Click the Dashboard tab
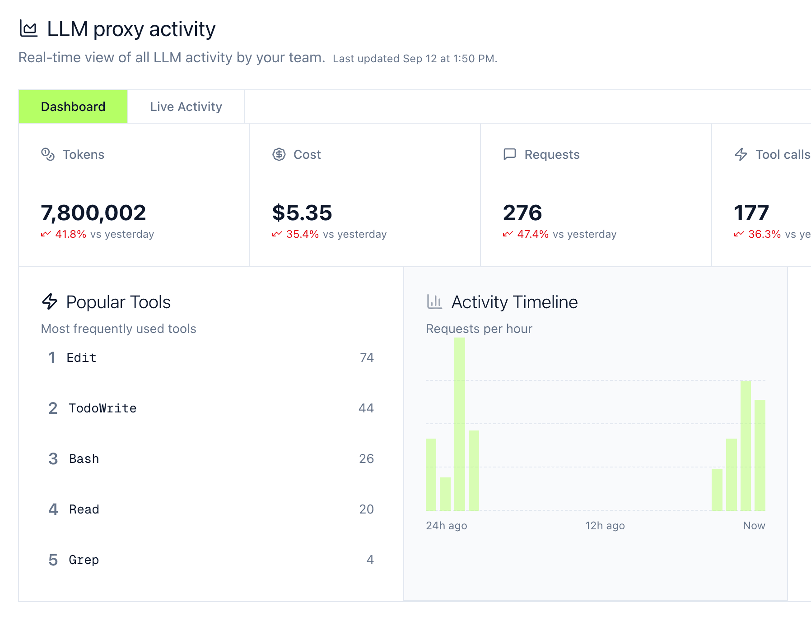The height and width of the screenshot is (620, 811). (x=73, y=106)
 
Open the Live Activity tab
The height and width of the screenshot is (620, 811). (x=186, y=106)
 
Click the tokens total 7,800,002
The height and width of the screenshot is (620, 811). (x=93, y=213)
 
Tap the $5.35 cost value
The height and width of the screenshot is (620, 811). (x=302, y=213)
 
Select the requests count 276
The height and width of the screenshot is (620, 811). (x=522, y=213)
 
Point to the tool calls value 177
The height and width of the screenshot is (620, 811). (x=751, y=213)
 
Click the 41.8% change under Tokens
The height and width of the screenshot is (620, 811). (x=70, y=234)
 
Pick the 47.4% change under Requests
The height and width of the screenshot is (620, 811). (x=533, y=234)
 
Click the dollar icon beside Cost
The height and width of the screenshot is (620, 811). (x=279, y=154)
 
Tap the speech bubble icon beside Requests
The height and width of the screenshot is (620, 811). (x=510, y=154)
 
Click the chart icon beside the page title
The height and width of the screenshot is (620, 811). (x=29, y=29)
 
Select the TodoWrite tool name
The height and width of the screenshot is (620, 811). (x=103, y=408)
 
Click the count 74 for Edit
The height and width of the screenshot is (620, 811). (x=367, y=358)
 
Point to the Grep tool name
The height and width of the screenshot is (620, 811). (x=84, y=560)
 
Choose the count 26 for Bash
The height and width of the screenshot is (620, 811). (x=366, y=459)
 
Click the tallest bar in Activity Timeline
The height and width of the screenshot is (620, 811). (x=460, y=424)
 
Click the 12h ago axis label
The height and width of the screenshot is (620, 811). (x=605, y=526)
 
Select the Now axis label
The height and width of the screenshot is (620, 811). (x=754, y=526)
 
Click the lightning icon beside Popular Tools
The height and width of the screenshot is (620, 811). (x=50, y=301)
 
